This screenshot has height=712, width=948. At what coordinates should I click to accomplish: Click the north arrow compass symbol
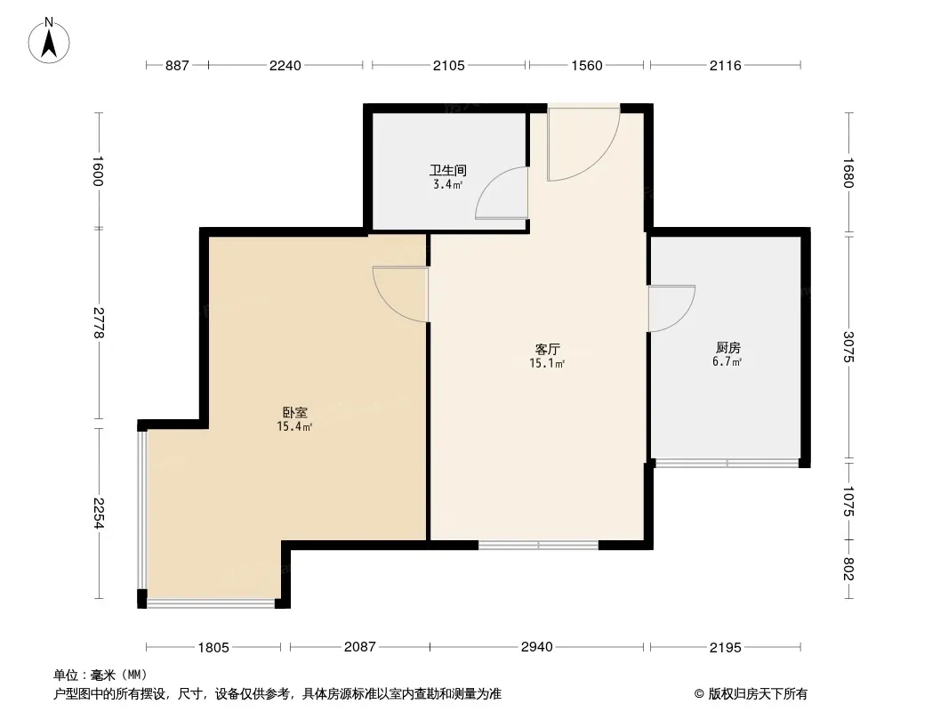(49, 41)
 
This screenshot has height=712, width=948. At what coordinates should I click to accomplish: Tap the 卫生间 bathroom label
(448, 170)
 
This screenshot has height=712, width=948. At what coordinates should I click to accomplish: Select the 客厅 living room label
(547, 349)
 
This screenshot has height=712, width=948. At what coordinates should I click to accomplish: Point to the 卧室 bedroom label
(295, 413)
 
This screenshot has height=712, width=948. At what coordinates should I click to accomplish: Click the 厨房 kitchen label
(728, 348)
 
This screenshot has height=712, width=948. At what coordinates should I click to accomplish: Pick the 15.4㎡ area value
(294, 427)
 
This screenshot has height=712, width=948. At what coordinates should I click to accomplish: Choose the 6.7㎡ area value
(727, 362)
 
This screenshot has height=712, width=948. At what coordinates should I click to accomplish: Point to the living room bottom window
(538, 545)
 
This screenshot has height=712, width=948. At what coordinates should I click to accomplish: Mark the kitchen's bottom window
(727, 464)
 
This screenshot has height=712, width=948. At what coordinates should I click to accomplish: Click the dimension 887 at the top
(177, 65)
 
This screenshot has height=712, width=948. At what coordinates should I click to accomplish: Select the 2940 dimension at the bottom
(537, 647)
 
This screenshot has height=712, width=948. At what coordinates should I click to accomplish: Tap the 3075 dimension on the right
(849, 346)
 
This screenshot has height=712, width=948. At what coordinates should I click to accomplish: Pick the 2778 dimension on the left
(99, 323)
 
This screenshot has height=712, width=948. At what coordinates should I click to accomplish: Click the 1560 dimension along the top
(587, 65)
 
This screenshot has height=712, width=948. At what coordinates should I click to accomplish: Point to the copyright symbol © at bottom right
(699, 694)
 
